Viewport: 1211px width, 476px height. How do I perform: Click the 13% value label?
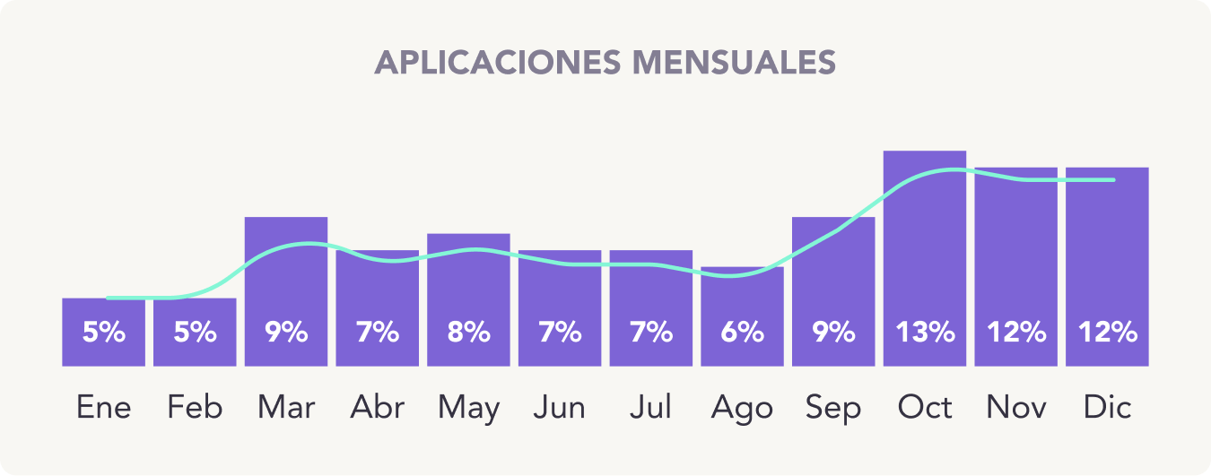[x=925, y=333]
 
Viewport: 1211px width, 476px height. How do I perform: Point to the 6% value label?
[x=742, y=333]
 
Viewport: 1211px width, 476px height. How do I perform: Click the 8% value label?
[x=468, y=333]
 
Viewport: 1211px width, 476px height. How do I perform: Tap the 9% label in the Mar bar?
[x=286, y=333]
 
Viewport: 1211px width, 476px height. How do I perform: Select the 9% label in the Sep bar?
[x=833, y=333]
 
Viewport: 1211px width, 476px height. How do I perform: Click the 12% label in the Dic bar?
[x=1107, y=333]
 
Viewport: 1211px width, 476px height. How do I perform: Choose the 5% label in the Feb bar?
[x=195, y=333]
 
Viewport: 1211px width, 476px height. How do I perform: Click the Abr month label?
[x=377, y=408]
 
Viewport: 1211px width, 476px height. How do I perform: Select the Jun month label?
[x=560, y=408]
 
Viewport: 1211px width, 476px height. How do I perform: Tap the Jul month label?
[x=650, y=408]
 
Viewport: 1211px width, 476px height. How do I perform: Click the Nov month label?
[x=1015, y=408]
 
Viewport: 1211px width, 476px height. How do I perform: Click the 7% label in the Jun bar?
[x=560, y=333]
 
